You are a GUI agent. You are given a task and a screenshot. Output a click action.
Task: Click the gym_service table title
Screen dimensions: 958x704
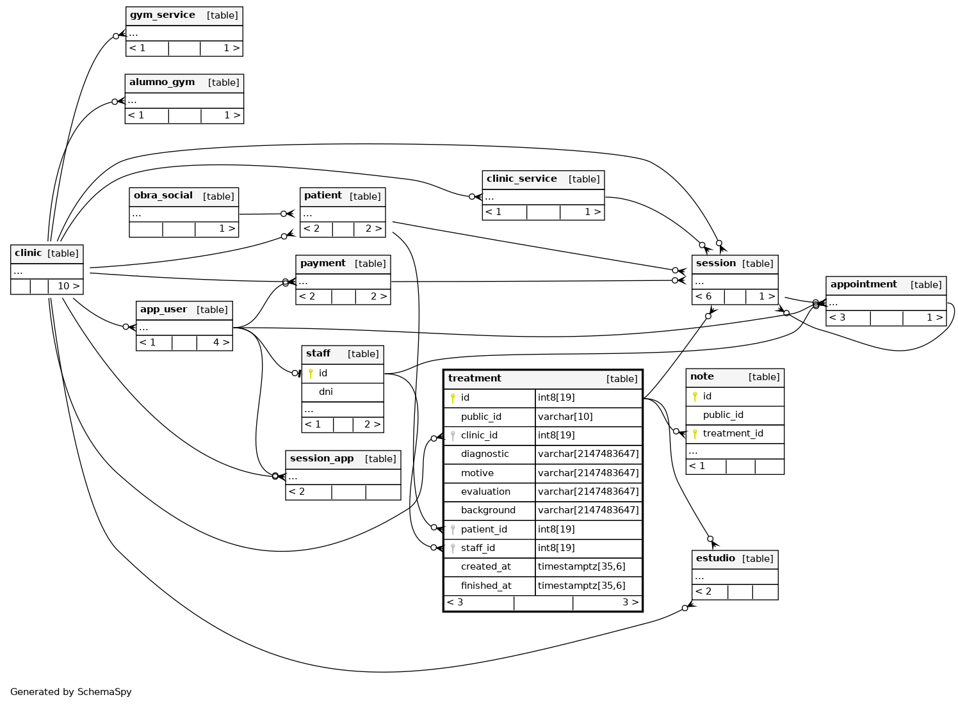(x=163, y=15)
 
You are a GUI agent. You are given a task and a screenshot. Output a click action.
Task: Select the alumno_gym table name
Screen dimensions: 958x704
(x=162, y=83)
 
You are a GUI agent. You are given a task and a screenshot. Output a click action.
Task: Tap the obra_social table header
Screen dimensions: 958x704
(x=184, y=196)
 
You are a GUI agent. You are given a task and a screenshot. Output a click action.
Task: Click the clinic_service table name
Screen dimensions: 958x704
(x=522, y=179)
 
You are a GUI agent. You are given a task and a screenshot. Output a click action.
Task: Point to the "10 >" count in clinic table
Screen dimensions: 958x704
(x=69, y=286)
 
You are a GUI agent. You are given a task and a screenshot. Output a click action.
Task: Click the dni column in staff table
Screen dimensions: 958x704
(x=326, y=392)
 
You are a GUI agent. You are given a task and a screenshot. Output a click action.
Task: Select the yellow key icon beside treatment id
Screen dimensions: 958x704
(x=453, y=398)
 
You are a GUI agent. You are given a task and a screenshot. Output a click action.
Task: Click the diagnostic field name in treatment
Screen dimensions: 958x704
(x=485, y=454)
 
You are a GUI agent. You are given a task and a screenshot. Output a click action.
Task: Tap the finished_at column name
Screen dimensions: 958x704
(x=486, y=586)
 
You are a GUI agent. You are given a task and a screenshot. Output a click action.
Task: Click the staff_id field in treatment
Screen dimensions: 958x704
(x=478, y=548)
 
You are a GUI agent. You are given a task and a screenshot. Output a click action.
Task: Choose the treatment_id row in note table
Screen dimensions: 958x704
(x=735, y=434)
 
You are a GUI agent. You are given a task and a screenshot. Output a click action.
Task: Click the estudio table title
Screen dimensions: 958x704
(x=715, y=559)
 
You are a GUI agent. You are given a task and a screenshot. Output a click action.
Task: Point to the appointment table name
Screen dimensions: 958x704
(x=864, y=285)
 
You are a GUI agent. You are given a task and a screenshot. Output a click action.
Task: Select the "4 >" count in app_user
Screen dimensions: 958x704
(x=222, y=343)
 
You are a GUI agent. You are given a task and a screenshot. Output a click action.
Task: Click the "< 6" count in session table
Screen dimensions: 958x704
(x=704, y=297)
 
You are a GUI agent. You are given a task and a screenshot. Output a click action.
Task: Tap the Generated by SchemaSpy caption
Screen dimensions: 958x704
(x=71, y=692)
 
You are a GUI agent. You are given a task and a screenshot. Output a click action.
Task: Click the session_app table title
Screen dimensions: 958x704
(x=321, y=459)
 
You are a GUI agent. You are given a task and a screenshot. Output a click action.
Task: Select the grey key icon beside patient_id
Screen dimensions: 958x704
(x=453, y=530)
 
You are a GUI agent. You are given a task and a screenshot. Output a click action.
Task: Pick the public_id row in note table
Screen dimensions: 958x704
(x=735, y=415)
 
